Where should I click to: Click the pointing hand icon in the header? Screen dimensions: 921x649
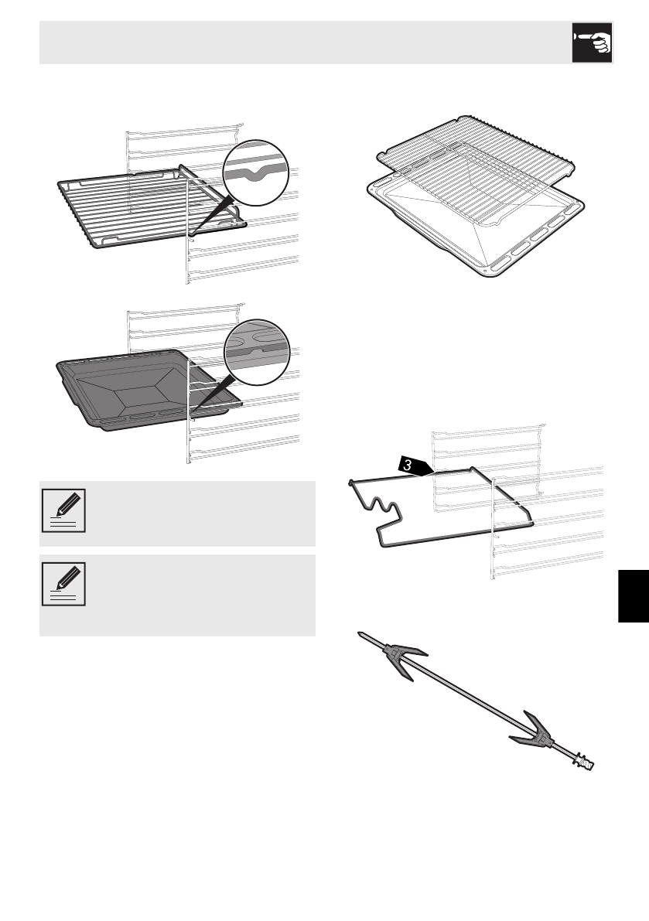point(593,43)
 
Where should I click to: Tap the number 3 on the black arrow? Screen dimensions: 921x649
point(405,466)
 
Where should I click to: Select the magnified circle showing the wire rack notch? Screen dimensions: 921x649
point(254,172)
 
